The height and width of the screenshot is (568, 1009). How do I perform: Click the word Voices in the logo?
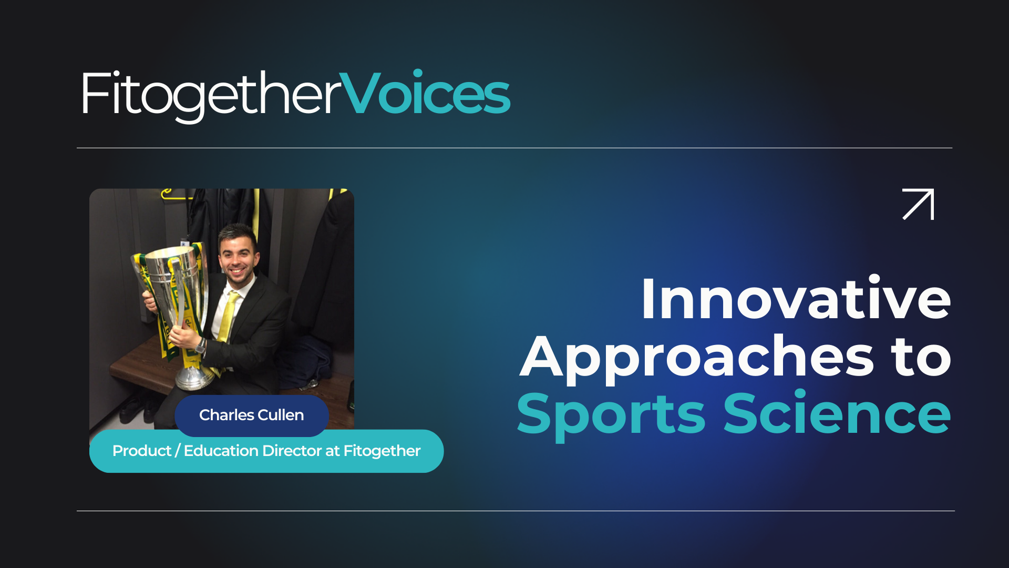coord(425,93)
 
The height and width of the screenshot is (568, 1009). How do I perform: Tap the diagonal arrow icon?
coord(918,204)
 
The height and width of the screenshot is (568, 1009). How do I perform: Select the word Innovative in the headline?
coord(796,299)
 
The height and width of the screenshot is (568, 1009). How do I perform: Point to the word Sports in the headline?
coord(611,415)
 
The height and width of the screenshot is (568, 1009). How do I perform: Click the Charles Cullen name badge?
coord(252,415)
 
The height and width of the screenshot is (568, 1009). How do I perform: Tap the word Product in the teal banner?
coord(142,451)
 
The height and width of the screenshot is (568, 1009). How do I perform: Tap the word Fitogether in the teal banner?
coord(382,451)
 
